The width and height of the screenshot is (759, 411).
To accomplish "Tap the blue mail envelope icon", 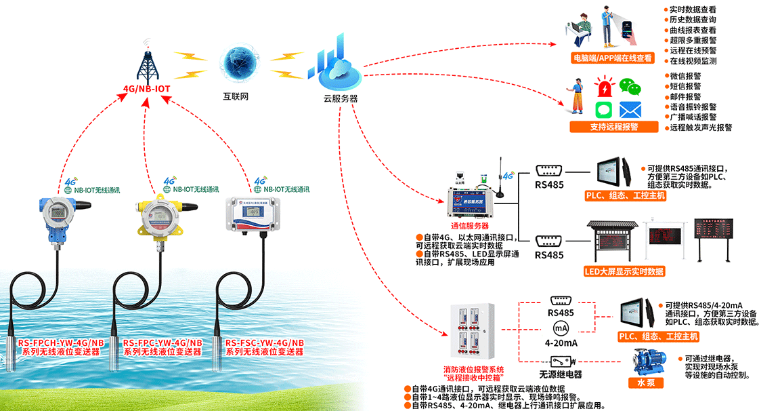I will click(630, 109).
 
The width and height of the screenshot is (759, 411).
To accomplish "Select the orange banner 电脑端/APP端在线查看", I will click(613, 58).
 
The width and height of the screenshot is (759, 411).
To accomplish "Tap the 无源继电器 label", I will click(560, 374).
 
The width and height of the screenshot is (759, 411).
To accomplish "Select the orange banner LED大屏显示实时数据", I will click(624, 272).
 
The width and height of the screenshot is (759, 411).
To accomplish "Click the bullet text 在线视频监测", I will click(693, 60).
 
